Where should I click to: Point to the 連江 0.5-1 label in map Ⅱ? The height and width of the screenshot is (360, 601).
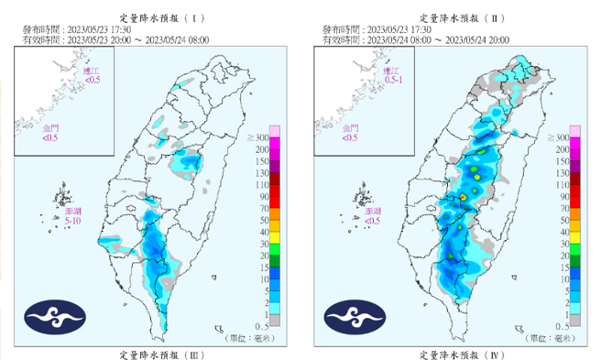392,75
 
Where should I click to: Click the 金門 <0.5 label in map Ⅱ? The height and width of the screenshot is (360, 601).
349,135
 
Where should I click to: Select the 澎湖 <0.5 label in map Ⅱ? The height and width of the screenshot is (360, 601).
371,216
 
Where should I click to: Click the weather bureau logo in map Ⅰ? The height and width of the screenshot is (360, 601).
56,318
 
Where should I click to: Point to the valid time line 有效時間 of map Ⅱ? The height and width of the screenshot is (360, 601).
431,39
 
